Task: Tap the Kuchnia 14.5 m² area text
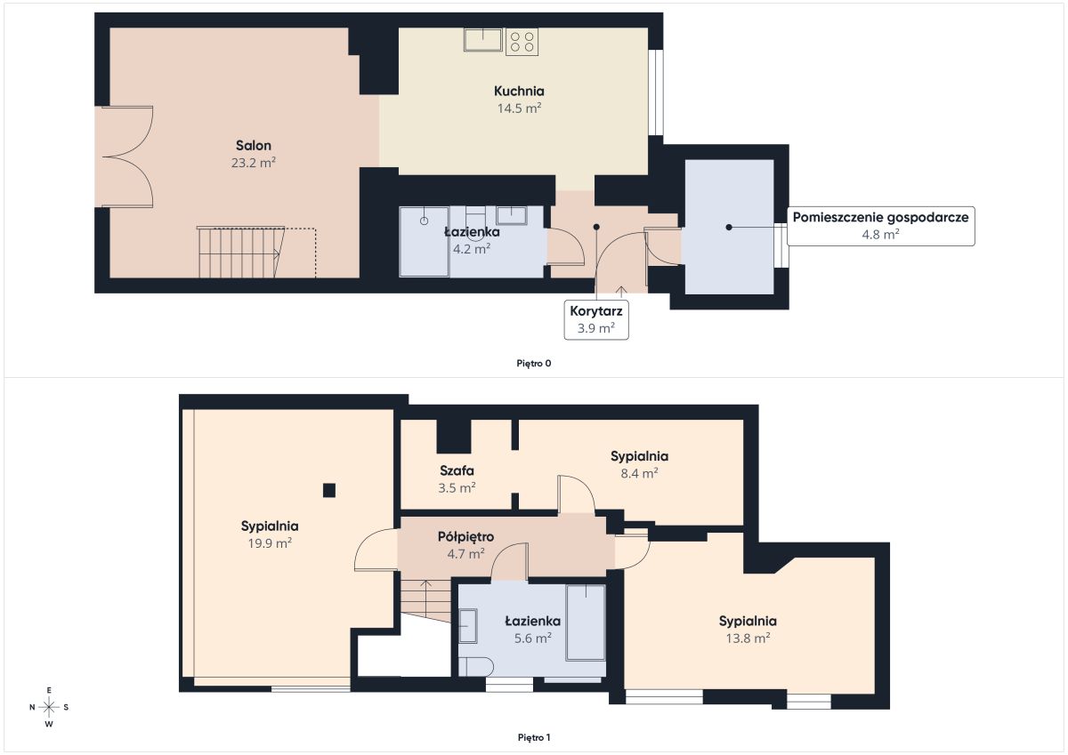coord(519,108)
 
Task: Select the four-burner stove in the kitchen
coord(522,41)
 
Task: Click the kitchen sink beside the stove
coord(483,39)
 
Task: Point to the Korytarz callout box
coord(596,319)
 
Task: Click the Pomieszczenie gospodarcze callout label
coord(880,226)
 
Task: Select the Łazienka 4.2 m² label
coord(472,241)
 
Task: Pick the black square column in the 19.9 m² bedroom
coord(329,490)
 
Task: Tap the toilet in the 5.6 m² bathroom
coord(475,666)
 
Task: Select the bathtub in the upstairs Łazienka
coord(586,622)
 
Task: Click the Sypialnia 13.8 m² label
coord(748,630)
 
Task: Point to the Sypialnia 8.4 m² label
coord(639,464)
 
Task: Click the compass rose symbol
coord(49,707)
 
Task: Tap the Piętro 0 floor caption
coord(533,364)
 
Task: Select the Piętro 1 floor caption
coord(534,737)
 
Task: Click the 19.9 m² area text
coord(270,543)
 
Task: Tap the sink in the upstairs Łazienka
coord(468,626)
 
